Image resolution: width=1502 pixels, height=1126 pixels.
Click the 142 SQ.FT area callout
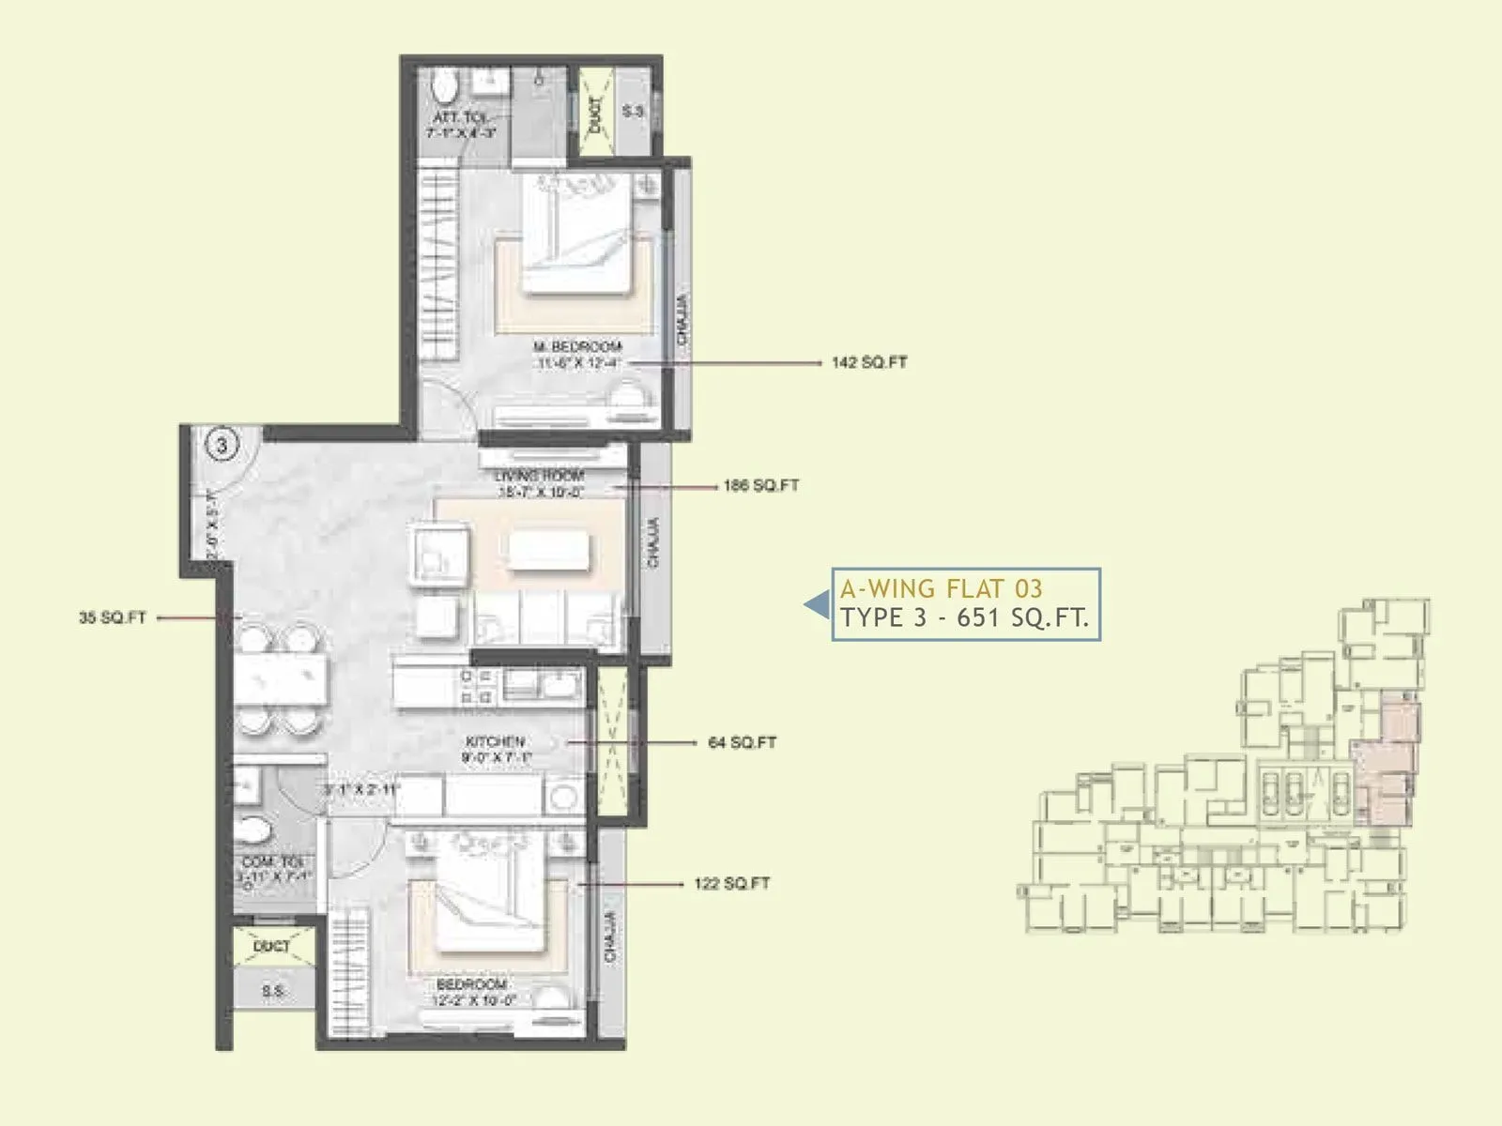pyautogui.click(x=869, y=362)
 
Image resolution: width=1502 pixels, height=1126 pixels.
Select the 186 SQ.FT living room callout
pyautogui.click(x=760, y=486)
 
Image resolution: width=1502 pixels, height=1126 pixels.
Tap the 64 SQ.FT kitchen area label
pyautogui.click(x=742, y=742)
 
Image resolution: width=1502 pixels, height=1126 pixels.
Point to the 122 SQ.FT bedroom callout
pyautogui.click(x=731, y=883)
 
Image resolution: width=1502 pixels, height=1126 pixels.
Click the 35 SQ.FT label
pyautogui.click(x=113, y=618)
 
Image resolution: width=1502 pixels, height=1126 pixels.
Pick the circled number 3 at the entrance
pyautogui.click(x=222, y=444)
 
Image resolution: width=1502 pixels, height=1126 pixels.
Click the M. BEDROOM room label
pyautogui.click(x=577, y=347)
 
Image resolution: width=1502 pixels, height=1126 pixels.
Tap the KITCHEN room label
pyautogui.click(x=495, y=741)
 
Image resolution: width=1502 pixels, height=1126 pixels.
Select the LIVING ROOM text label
pyautogui.click(x=539, y=476)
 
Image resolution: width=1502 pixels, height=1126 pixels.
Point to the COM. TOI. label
pyautogui.click(x=273, y=862)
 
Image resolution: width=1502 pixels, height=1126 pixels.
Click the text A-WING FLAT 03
pyautogui.click(x=941, y=589)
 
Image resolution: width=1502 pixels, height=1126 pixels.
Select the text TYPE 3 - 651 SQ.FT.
pyautogui.click(x=964, y=618)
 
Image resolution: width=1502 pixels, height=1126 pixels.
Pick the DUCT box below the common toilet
pyautogui.click(x=272, y=948)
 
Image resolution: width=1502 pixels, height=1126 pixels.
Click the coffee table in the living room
pyautogui.click(x=549, y=551)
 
